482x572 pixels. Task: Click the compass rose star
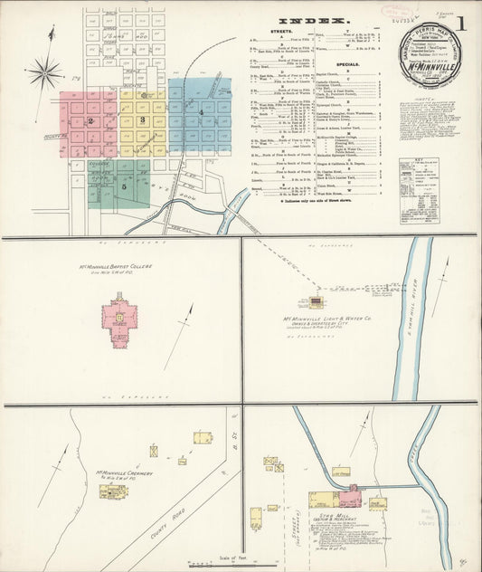(44, 71)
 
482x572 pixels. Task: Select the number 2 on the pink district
(90, 120)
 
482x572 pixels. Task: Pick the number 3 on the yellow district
(142, 120)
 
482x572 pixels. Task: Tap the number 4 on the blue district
(200, 111)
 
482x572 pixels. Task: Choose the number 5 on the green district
(124, 186)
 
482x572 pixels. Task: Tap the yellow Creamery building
(113, 491)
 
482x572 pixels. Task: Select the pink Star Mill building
(351, 496)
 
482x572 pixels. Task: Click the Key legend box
(419, 190)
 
